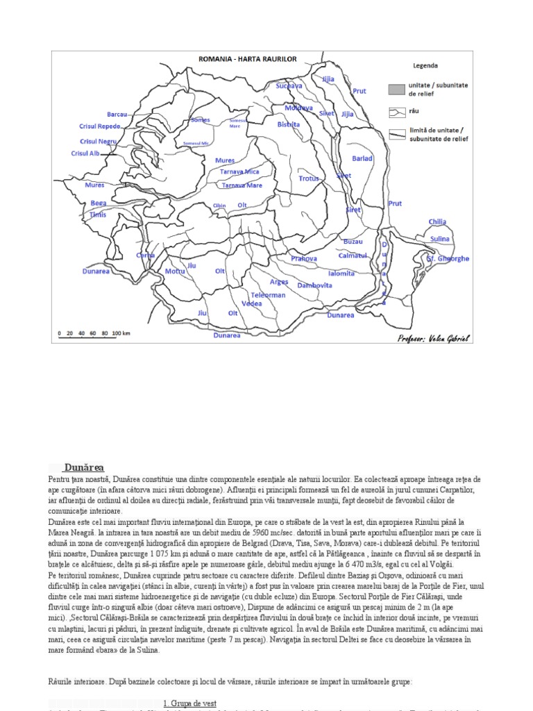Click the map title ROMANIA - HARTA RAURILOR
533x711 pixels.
(x=248, y=60)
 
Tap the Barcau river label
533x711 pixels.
(x=117, y=114)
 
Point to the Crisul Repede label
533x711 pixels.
(x=101, y=127)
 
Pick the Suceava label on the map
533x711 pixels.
(x=289, y=86)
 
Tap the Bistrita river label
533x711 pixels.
(x=288, y=125)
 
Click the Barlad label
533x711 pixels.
(x=362, y=159)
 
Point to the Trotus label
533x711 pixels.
(x=309, y=179)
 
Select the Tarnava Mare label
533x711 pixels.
(x=242, y=186)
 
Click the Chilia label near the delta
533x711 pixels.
(x=437, y=222)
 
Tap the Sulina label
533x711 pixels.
(x=440, y=239)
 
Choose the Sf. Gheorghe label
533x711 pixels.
(x=448, y=259)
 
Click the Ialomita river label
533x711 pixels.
(x=341, y=274)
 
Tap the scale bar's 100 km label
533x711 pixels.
(x=121, y=333)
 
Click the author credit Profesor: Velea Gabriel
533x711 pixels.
(x=434, y=338)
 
